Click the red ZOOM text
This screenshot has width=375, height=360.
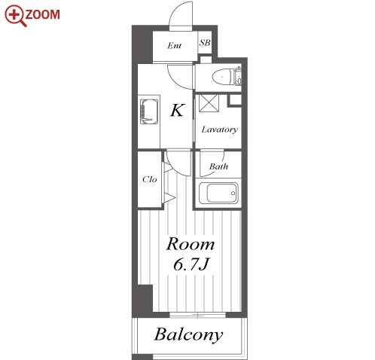pos(43,14)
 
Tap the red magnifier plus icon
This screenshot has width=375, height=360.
pos(16,16)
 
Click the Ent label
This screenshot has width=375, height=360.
pos(174,46)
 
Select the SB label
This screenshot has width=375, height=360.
pos(205,43)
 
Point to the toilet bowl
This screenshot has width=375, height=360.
pos(222,76)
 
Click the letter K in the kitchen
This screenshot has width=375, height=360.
pos(178,110)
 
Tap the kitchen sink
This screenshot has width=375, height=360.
pos(149,111)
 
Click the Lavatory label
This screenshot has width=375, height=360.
pos(220,130)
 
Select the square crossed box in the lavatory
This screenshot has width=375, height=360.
pos(209,103)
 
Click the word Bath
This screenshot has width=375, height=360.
pos(218,166)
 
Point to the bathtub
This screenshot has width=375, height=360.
pos(218,193)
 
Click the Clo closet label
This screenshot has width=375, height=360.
pos(150,179)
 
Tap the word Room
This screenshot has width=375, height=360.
pos(191,244)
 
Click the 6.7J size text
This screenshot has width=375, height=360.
pos(191,264)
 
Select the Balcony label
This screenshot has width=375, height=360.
pos(188,334)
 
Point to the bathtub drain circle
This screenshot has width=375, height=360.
pos(233,193)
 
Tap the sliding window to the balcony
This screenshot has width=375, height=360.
pos(197,315)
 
